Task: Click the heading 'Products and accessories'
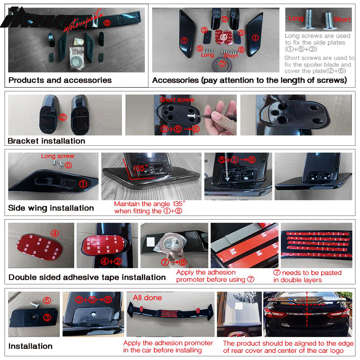(60, 80)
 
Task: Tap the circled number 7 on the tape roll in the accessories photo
(222, 63)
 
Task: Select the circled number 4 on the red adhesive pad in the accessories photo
(223, 37)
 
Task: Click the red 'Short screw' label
(177, 99)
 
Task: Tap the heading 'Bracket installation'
(46, 141)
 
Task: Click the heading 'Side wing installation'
(51, 208)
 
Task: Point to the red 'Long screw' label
(58, 156)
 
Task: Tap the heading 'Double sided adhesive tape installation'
(87, 277)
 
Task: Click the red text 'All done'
(148, 297)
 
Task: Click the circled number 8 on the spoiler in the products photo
(107, 22)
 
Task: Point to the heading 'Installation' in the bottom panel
(30, 346)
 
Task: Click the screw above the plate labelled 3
(35, 305)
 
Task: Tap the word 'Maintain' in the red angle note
(127, 204)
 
